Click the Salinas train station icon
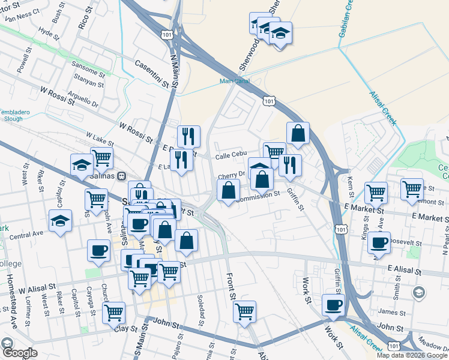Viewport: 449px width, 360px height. coord(121,176)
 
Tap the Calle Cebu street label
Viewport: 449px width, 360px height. coord(231,154)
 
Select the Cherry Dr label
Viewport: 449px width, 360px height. coord(232,175)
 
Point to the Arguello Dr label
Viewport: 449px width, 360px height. coord(83,95)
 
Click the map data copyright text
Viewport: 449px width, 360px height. coord(412,355)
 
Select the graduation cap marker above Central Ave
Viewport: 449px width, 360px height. coord(60,221)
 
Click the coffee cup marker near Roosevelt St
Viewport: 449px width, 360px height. coord(379,242)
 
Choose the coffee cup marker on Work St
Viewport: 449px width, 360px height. coord(334,305)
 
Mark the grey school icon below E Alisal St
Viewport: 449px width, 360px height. coord(419,292)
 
